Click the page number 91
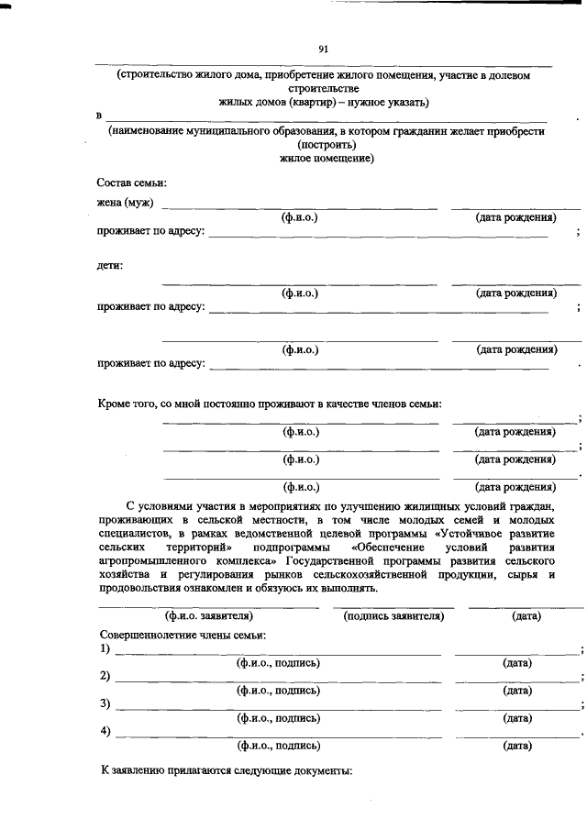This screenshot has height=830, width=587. pos(323,49)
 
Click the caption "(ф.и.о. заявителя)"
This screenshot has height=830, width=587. pos(209,616)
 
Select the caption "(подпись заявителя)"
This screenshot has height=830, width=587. pos(393,616)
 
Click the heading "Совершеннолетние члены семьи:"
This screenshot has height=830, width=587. pos(183,635)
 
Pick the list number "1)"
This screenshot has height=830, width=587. pos(105,649)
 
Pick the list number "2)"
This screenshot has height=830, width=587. pos(105,677)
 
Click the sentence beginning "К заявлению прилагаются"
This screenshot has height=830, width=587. pos(226,772)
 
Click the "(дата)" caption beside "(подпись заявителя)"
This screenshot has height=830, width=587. pos(526,616)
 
